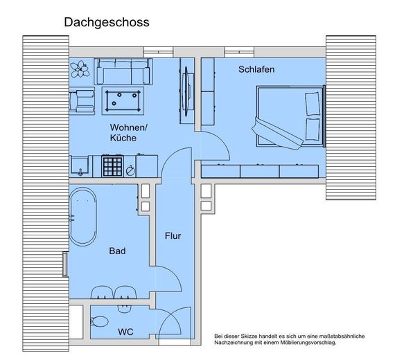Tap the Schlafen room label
click(256, 70)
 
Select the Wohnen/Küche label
click(128, 132)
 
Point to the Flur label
click(173, 236)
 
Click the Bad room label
click(117, 251)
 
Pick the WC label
click(125, 332)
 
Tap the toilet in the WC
click(99, 322)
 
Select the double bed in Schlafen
click(290, 116)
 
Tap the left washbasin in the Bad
click(103, 294)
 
